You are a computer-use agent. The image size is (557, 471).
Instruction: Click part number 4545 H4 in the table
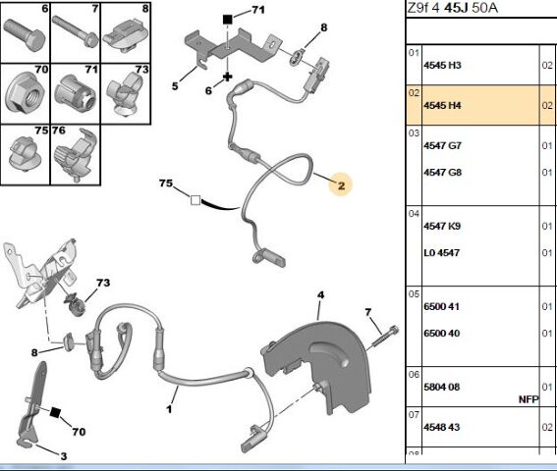[442, 105]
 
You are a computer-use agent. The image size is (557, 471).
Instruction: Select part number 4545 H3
[442, 66]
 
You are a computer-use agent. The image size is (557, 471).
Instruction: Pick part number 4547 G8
[442, 173]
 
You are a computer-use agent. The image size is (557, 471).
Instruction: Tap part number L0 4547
[441, 253]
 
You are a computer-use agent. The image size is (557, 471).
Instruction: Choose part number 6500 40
[441, 334]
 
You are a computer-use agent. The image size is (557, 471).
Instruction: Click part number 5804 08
[441, 387]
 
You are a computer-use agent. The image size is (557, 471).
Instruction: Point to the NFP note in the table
[529, 399]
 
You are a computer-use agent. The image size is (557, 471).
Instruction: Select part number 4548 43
[441, 427]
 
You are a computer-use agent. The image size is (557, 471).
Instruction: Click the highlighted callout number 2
[341, 185]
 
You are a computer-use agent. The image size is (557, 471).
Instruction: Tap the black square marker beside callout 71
[227, 20]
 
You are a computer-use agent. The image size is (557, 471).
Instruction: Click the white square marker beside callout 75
[195, 200]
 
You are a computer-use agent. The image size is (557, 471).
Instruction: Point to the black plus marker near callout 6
[227, 77]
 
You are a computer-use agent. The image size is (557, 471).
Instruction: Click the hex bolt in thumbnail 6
[25, 34]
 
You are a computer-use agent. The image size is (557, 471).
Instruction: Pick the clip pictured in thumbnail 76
[76, 155]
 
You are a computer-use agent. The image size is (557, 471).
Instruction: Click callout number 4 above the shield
[321, 295]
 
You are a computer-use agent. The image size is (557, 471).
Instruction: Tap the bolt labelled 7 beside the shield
[384, 337]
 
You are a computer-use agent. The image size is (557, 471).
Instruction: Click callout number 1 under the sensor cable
[169, 409]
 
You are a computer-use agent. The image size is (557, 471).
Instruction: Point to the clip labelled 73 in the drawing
[76, 305]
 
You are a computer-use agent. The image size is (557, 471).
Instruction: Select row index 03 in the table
[415, 133]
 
